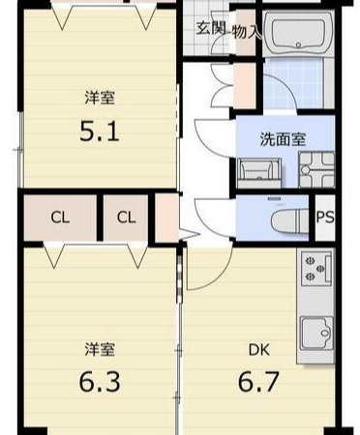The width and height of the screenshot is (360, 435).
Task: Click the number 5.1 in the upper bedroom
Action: [100, 131]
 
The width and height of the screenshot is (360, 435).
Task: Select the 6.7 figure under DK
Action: [258, 381]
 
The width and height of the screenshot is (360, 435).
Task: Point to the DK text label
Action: [259, 350]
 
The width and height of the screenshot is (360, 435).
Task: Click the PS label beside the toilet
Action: [325, 217]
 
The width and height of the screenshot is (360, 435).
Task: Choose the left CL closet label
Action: [60, 217]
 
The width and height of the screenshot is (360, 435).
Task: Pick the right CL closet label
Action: [126, 217]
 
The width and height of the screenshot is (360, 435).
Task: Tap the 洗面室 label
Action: [283, 139]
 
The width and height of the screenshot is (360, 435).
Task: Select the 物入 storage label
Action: [246, 32]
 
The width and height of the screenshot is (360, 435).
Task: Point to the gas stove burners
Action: [316, 268]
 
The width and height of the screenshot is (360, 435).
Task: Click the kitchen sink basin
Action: [316, 333]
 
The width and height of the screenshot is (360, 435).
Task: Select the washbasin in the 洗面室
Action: [258, 173]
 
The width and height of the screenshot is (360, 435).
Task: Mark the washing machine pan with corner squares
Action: [316, 169]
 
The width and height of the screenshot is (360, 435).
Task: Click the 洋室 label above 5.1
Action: [100, 98]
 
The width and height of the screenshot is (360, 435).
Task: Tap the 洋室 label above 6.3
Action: [100, 350]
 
